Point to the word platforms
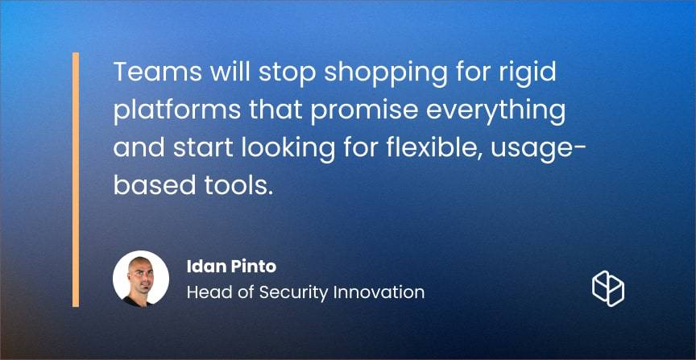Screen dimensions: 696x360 [x=177, y=112]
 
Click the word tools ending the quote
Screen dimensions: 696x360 [x=238, y=184]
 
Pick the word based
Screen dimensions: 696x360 [x=155, y=184]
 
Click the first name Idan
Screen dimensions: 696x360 [x=202, y=267]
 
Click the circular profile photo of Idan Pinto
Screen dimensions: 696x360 [x=141, y=279]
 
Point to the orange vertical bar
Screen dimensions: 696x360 [x=76, y=180]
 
